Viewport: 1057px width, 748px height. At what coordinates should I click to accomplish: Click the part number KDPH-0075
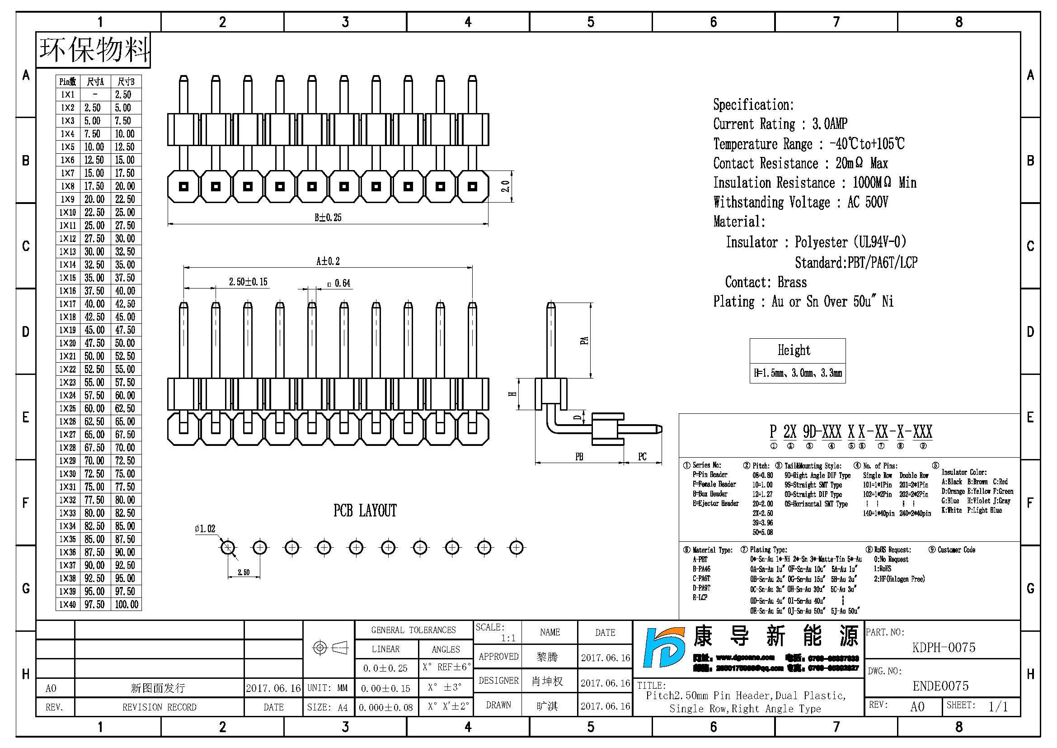click(x=943, y=648)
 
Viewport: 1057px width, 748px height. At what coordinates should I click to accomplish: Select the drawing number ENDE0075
click(x=940, y=686)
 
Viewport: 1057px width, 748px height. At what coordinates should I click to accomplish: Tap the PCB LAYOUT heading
click(x=365, y=511)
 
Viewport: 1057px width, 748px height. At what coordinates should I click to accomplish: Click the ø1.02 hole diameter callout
click(x=205, y=529)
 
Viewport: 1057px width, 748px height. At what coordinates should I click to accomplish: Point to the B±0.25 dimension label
click(x=328, y=218)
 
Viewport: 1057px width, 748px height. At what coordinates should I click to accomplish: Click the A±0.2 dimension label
click(x=328, y=261)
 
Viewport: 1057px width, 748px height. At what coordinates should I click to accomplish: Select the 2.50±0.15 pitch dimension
click(x=248, y=282)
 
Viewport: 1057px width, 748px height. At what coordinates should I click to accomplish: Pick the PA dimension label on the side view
click(x=584, y=341)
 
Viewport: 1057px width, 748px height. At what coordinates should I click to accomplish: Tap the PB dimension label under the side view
click(x=579, y=457)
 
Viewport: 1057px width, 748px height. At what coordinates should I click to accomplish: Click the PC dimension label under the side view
click(x=642, y=457)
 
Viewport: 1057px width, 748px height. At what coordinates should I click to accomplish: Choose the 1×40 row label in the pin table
click(x=68, y=604)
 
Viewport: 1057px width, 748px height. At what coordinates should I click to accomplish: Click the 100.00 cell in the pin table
click(x=127, y=604)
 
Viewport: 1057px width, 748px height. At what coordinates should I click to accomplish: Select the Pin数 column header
click(x=68, y=82)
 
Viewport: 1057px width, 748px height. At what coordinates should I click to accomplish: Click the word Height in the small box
click(x=794, y=350)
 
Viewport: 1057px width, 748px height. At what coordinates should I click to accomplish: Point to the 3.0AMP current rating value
click(x=830, y=124)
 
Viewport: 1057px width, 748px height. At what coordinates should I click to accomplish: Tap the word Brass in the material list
click(x=792, y=282)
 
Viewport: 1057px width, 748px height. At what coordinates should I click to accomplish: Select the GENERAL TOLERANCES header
click(x=413, y=630)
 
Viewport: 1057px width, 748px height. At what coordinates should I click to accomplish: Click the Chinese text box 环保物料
click(x=94, y=50)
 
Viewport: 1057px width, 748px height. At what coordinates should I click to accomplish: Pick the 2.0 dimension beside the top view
click(x=505, y=186)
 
